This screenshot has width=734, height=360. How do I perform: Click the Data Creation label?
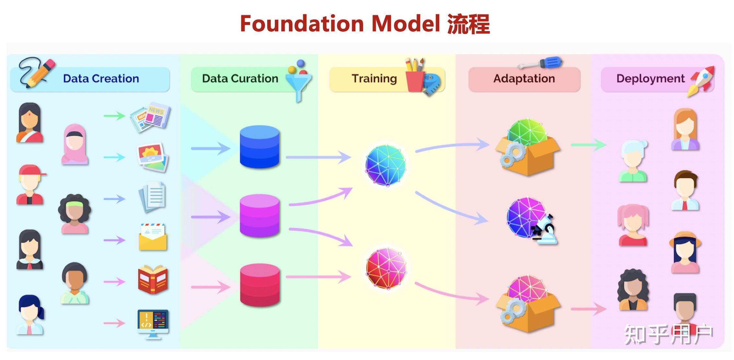(x=101, y=79)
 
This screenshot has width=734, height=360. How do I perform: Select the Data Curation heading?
(x=240, y=79)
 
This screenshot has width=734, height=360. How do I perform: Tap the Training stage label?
(x=374, y=79)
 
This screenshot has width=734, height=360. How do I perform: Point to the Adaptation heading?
(x=524, y=79)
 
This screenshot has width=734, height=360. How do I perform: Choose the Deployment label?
(x=650, y=79)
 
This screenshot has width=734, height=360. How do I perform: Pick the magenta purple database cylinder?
(x=259, y=216)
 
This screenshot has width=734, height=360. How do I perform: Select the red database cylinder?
(x=259, y=285)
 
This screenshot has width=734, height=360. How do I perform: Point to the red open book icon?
(x=153, y=280)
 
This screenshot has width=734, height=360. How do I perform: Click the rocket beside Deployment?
(x=702, y=81)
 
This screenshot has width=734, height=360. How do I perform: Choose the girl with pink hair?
(x=633, y=225)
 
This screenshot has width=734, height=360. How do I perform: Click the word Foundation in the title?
(x=302, y=24)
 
